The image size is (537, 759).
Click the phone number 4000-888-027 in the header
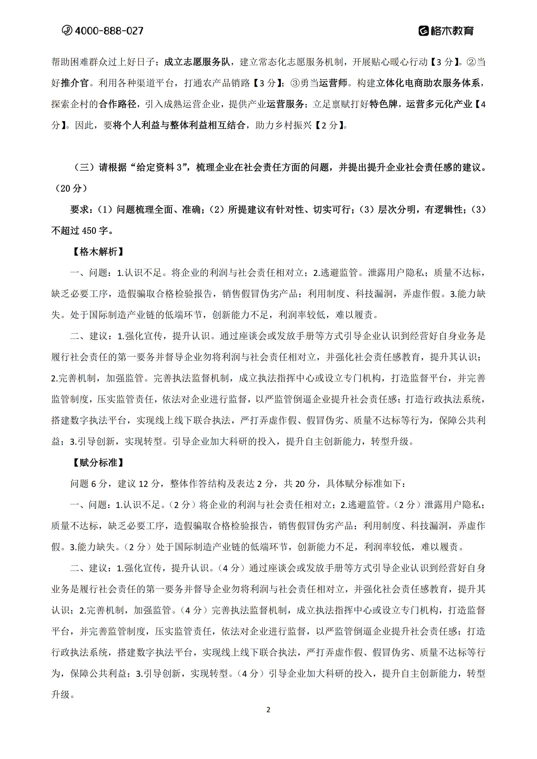(109, 31)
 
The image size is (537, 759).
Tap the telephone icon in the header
(67, 30)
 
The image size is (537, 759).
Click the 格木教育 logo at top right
(446, 31)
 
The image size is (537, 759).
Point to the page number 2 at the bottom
(268, 710)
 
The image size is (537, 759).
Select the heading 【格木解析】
(98, 252)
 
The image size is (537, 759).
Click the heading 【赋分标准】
(98, 463)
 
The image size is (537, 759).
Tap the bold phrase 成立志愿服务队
(197, 62)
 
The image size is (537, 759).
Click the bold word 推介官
(75, 83)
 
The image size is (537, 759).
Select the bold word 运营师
(333, 83)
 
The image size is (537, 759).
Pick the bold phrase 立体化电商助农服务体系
(428, 83)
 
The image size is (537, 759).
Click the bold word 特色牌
(384, 104)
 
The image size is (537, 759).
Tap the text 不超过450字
(79, 231)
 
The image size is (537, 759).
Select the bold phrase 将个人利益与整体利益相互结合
(179, 125)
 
